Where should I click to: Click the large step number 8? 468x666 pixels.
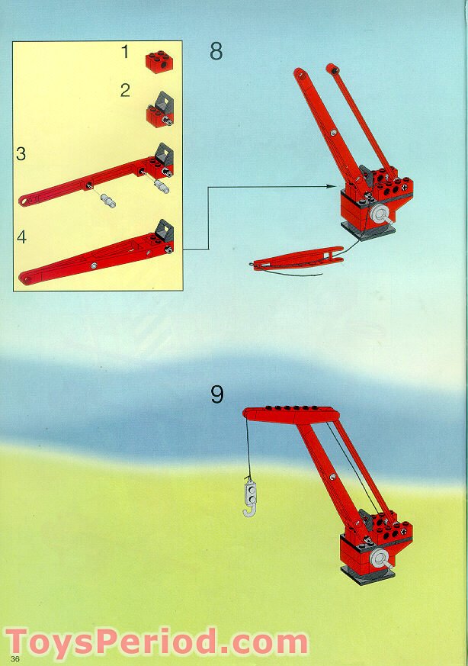click(216, 52)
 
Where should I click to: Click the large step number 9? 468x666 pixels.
click(217, 394)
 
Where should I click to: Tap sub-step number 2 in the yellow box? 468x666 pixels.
click(125, 90)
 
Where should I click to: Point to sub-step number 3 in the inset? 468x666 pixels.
click(21, 153)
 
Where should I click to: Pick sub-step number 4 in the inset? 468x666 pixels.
click(21, 237)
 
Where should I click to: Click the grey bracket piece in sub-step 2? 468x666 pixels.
click(163, 103)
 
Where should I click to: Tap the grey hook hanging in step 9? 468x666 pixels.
click(248, 497)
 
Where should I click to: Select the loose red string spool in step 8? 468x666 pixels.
click(297, 262)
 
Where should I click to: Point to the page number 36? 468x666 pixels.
click(14, 658)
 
